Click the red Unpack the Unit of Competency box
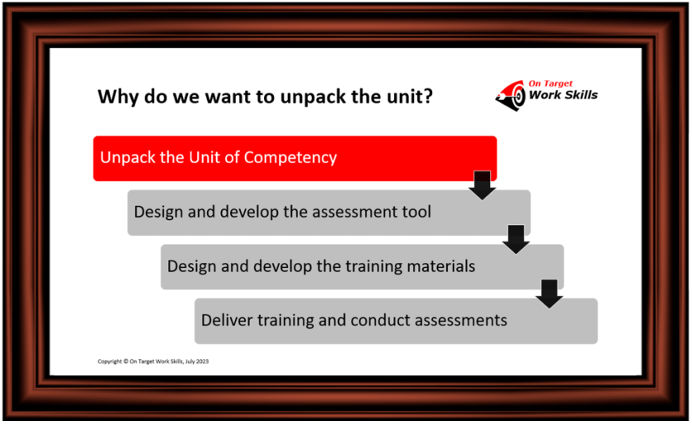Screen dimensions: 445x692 [x=294, y=158]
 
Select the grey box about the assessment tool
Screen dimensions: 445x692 [x=328, y=213]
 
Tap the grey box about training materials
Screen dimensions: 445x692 [x=361, y=266]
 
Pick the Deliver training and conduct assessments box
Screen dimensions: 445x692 [x=396, y=321]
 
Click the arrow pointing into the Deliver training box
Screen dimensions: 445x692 [x=549, y=293]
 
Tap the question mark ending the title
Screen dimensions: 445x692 [x=427, y=96]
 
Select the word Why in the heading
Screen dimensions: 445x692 [x=116, y=96]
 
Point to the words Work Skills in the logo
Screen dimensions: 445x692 [x=563, y=95]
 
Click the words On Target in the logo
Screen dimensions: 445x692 [x=551, y=83]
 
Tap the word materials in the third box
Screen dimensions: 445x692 [x=435, y=266]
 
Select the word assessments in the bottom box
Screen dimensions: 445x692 [x=460, y=320]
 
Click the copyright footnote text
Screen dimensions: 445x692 [x=153, y=361]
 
